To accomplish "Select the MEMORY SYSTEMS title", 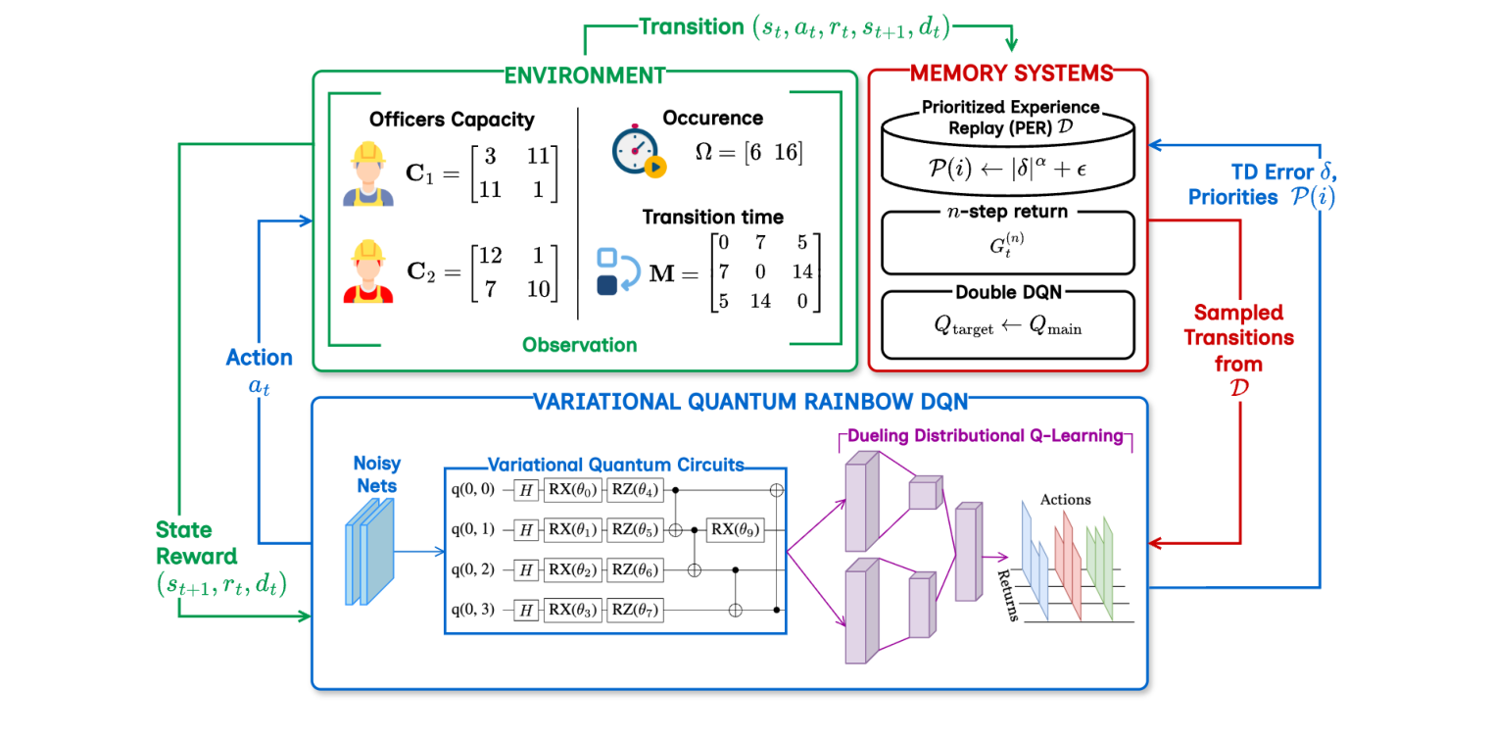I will click(1011, 73).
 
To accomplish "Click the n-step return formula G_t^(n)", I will click(1009, 246).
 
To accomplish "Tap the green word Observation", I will click(579, 345).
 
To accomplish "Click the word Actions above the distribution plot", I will click(1065, 499).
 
